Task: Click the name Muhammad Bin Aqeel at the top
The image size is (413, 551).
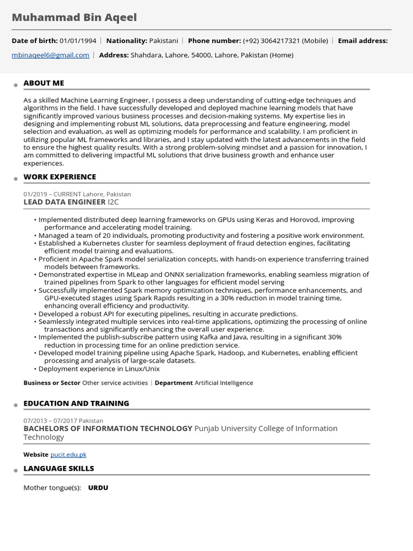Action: pyautogui.click(x=74, y=18)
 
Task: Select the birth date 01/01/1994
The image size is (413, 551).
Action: pyautogui.click(x=78, y=40)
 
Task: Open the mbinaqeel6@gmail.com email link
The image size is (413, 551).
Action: pyautogui.click(x=51, y=55)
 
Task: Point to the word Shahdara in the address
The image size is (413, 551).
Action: pyautogui.click(x=145, y=55)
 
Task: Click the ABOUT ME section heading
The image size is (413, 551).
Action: pyautogui.click(x=44, y=83)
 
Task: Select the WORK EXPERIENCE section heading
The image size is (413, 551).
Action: pyautogui.click(x=60, y=176)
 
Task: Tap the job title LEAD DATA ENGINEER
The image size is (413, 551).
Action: pyautogui.click(x=65, y=202)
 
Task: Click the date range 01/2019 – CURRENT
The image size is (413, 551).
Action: pyautogui.click(x=52, y=194)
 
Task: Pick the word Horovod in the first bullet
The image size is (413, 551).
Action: pyautogui.click(x=305, y=220)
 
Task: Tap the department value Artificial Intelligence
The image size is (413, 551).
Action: pyautogui.click(x=224, y=383)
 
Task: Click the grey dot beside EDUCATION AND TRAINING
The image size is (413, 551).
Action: pyautogui.click(x=16, y=405)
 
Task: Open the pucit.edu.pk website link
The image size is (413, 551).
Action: pyautogui.click(x=68, y=455)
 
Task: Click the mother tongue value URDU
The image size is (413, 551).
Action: pyautogui.click(x=98, y=488)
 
